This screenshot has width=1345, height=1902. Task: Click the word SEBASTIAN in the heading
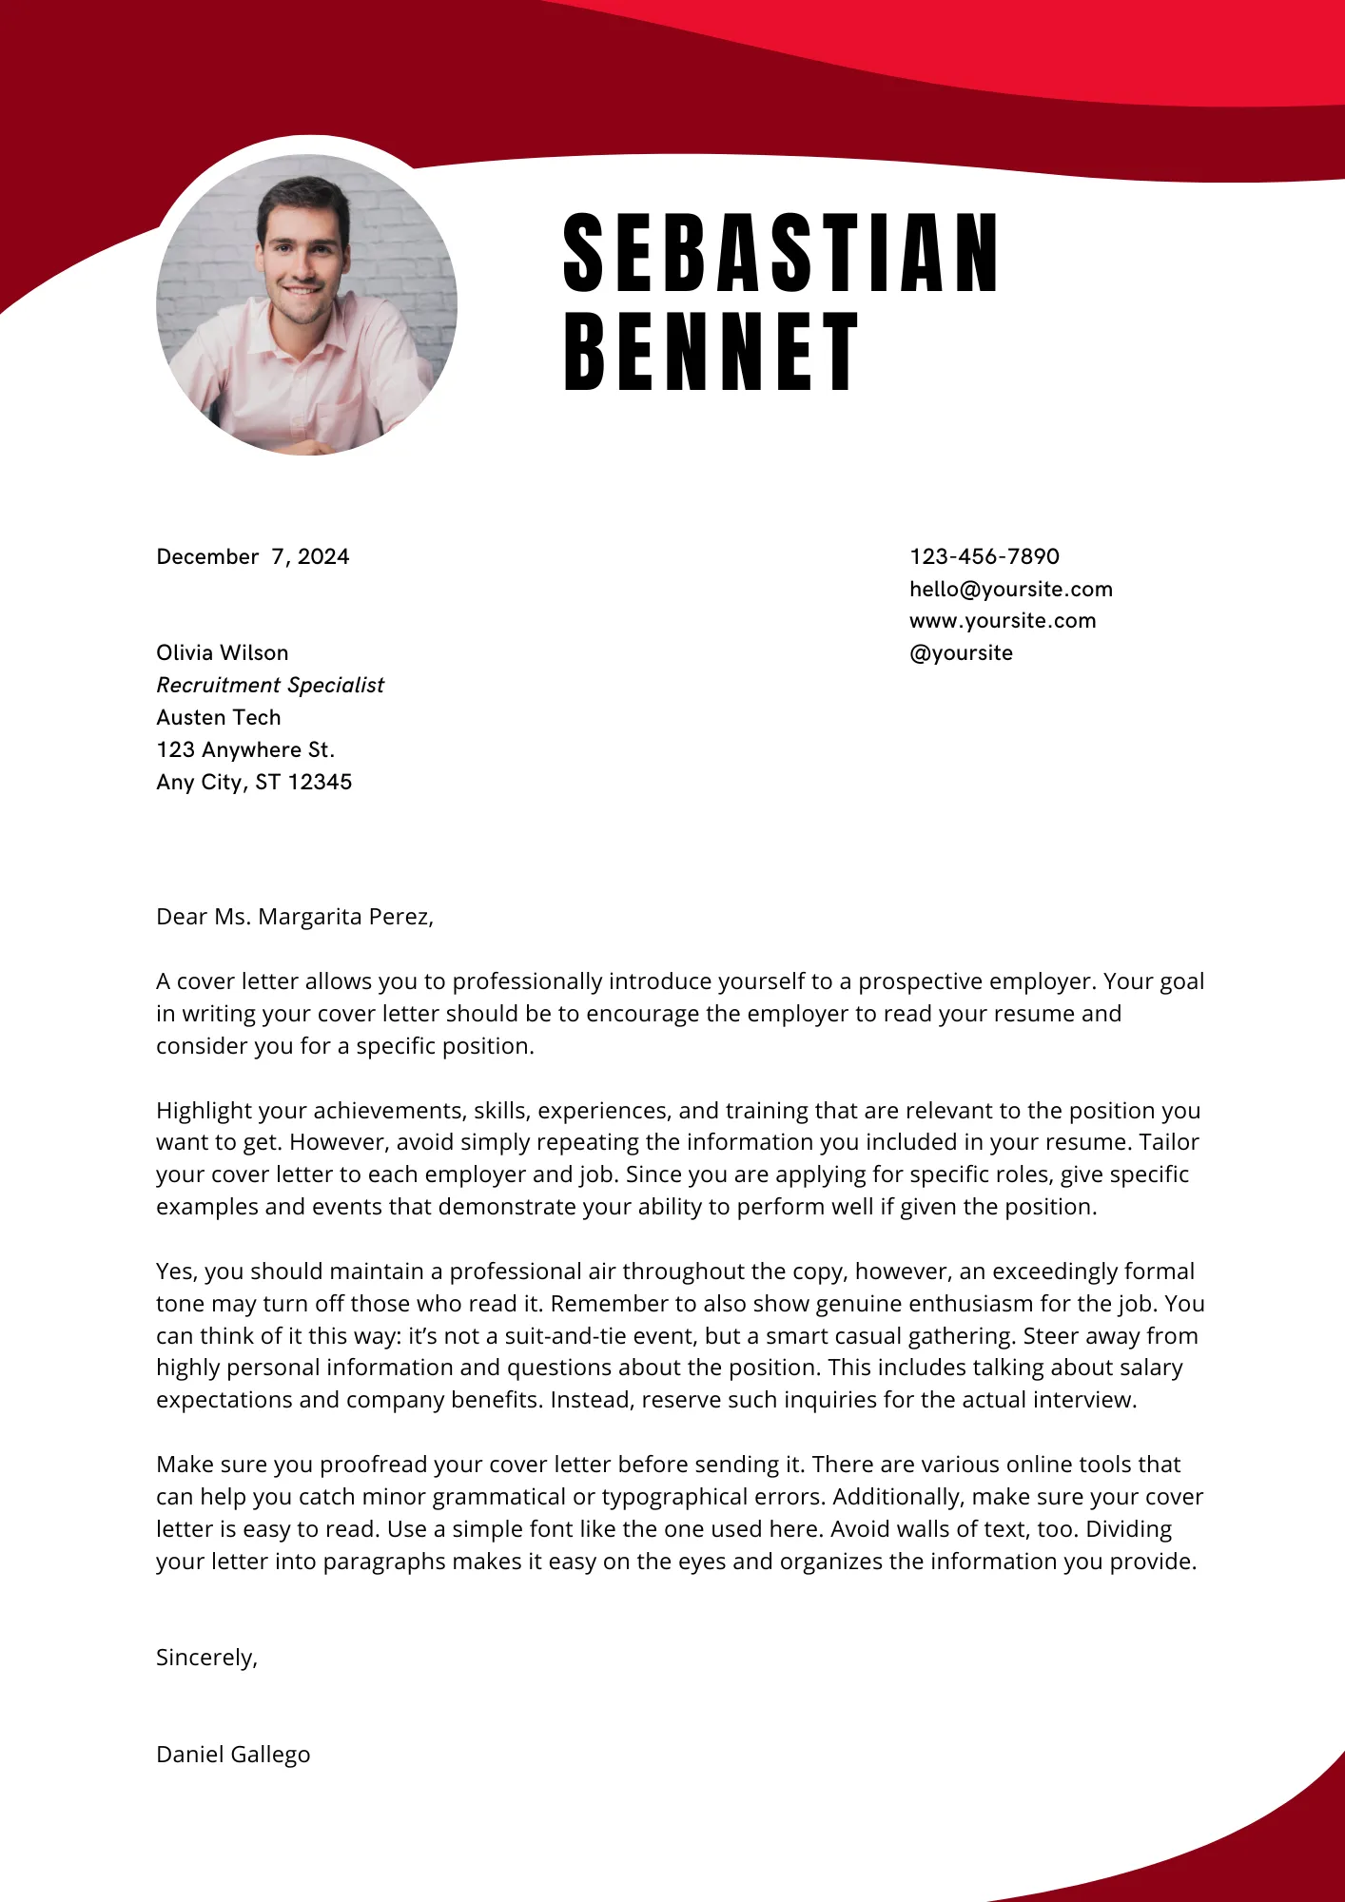coord(780,253)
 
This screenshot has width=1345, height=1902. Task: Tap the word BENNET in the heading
coord(711,352)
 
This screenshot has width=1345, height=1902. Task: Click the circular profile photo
coord(306,304)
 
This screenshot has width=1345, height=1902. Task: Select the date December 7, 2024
coord(253,556)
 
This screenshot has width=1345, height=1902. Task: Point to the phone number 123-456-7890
coord(984,556)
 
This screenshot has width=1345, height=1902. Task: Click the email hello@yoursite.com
coord(1010,589)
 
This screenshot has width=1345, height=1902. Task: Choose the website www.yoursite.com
coord(1003,621)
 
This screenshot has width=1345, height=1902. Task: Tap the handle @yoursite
coord(961,653)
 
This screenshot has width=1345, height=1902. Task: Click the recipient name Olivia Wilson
coord(222,653)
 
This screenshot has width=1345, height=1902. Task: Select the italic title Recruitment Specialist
coord(270,686)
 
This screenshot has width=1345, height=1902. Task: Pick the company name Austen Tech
coord(219,718)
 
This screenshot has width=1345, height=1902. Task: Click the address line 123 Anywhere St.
coord(245,750)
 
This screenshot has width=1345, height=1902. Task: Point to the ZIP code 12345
coord(320,783)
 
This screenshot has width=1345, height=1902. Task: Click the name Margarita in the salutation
coord(309,917)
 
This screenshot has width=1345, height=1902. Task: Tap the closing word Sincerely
coord(205,1658)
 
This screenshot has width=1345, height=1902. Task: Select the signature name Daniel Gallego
coord(233,1755)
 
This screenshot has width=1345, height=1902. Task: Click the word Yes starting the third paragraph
coord(175,1271)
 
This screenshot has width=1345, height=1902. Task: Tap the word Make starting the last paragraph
coord(185,1465)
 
